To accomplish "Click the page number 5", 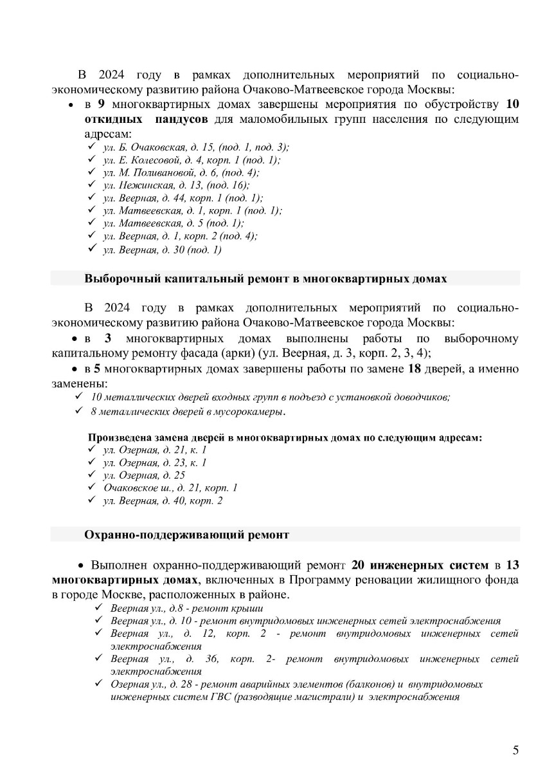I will point(515,750).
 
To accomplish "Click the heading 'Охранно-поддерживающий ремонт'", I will point(186,534).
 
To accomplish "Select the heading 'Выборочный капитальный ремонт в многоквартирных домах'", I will point(265,279).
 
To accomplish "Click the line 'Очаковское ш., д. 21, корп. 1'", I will point(170,488).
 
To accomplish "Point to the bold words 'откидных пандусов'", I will point(146,120).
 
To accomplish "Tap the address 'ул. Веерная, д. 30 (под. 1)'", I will point(162,250).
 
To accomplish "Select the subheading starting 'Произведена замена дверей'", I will point(285,437).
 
